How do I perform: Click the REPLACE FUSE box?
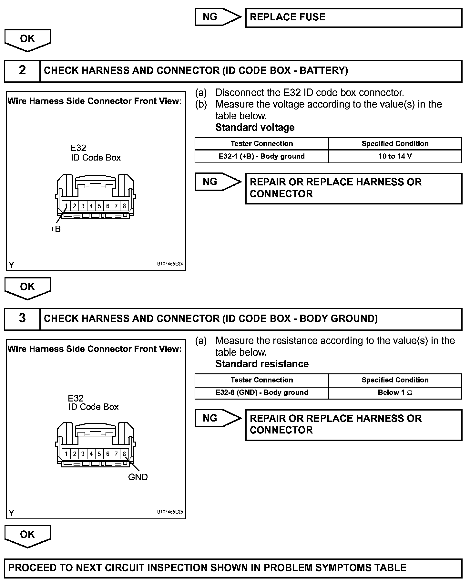pyautogui.click(x=353, y=18)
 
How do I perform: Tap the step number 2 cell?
pyautogui.click(x=22, y=70)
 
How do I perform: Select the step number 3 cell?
pyautogui.click(x=22, y=318)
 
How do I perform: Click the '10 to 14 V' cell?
pyautogui.click(x=395, y=157)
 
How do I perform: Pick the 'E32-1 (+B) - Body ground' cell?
pyautogui.click(x=261, y=157)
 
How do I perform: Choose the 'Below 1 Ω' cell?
pyautogui.click(x=395, y=393)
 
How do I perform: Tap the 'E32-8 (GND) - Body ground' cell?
pyautogui.click(x=261, y=393)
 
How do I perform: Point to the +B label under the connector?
pyautogui.click(x=56, y=229)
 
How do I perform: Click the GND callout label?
pyautogui.click(x=138, y=477)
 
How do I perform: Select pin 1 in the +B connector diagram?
pyautogui.click(x=66, y=206)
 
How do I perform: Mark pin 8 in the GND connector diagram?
pyautogui.click(x=124, y=454)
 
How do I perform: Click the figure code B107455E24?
pyautogui.click(x=170, y=264)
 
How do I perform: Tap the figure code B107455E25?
pyautogui.click(x=170, y=512)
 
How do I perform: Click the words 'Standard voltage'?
pyautogui.click(x=255, y=128)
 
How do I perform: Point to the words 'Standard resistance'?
pyautogui.click(x=262, y=364)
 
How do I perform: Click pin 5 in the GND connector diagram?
pyautogui.click(x=99, y=454)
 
